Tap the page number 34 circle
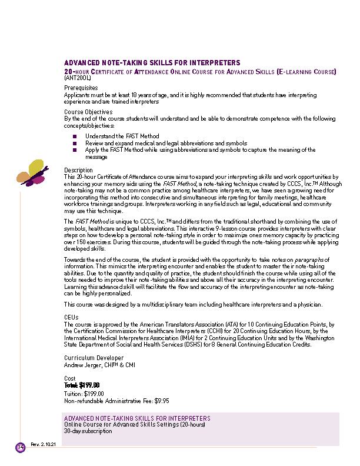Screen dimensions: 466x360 point(20,447)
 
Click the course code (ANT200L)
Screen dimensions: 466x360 point(78,78)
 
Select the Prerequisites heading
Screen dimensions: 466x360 point(81,88)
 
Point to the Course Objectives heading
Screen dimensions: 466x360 point(88,112)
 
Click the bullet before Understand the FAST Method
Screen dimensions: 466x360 point(75,136)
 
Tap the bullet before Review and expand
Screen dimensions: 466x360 point(75,143)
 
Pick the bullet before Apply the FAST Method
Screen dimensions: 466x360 point(75,150)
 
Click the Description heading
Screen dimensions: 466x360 point(79,170)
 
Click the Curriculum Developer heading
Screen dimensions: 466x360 point(94,358)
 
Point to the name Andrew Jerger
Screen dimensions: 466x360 point(83,364)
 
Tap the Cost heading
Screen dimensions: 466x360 point(70,378)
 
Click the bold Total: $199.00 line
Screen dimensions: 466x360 point(81,385)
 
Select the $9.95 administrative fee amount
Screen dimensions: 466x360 point(162,401)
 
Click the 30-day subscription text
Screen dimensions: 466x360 point(88,431)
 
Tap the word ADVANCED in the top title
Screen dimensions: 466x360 point(81,62)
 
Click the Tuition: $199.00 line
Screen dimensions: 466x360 point(84,393)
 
